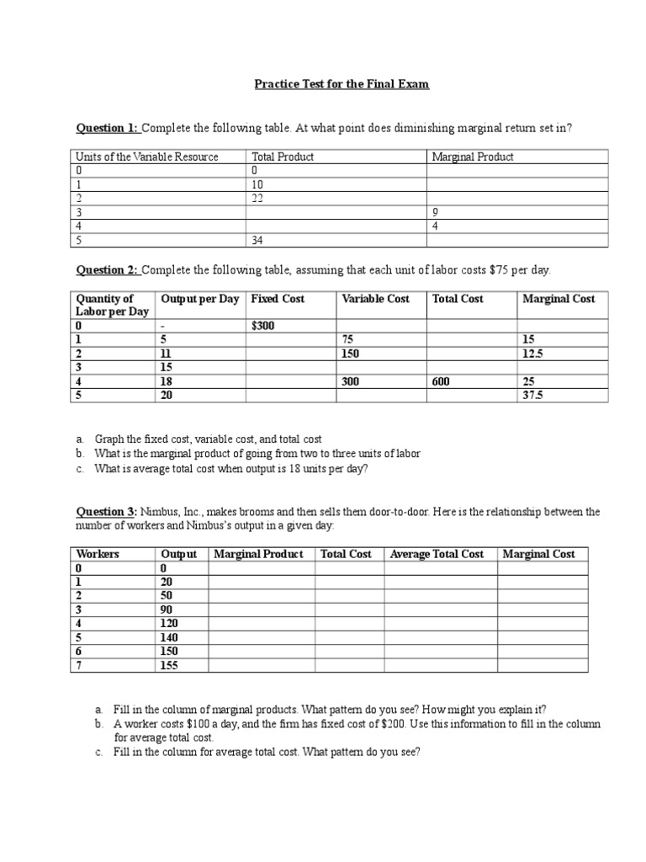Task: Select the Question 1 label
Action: [108, 128]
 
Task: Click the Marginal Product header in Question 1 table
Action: [472, 157]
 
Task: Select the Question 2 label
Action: [108, 270]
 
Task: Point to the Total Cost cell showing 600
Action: [442, 381]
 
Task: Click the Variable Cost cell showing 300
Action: [351, 381]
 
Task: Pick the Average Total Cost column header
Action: [437, 554]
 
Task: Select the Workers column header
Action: [98, 554]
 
